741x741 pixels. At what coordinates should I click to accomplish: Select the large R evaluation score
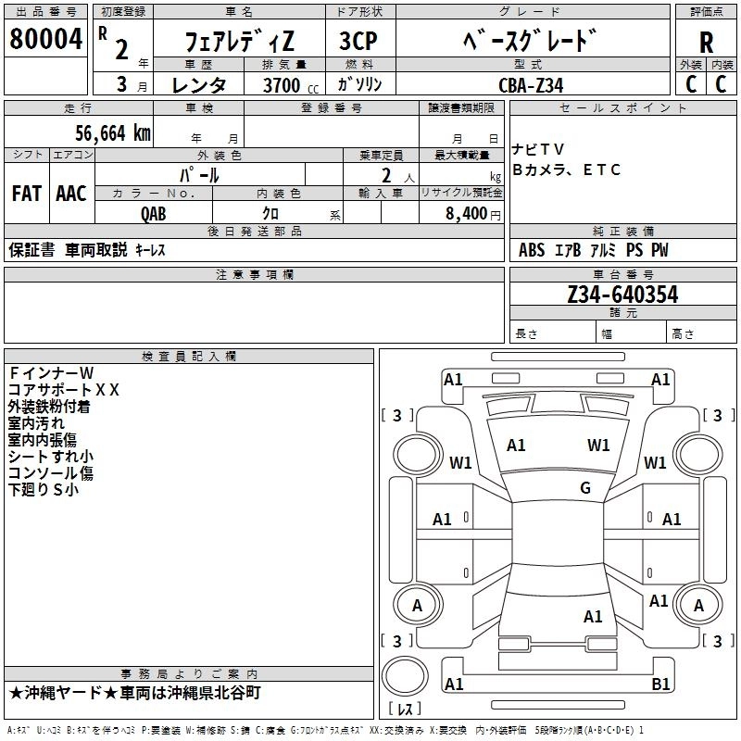(706, 43)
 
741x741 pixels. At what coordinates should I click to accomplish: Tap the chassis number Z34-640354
(622, 295)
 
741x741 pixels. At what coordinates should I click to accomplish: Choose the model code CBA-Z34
(529, 85)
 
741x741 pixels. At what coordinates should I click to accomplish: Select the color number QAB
(154, 213)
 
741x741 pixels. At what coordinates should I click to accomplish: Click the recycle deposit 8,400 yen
(466, 213)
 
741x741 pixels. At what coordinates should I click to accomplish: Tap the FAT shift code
(26, 193)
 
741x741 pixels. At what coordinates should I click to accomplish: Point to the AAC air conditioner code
(71, 193)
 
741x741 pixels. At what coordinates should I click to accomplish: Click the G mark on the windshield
(585, 488)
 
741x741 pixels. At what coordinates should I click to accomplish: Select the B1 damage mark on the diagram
(660, 684)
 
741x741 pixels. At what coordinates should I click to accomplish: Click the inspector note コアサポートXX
(64, 390)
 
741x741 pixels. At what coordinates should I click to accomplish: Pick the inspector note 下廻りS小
(44, 490)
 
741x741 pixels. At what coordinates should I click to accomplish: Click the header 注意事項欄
(254, 275)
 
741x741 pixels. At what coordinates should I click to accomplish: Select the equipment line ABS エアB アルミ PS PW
(593, 250)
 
